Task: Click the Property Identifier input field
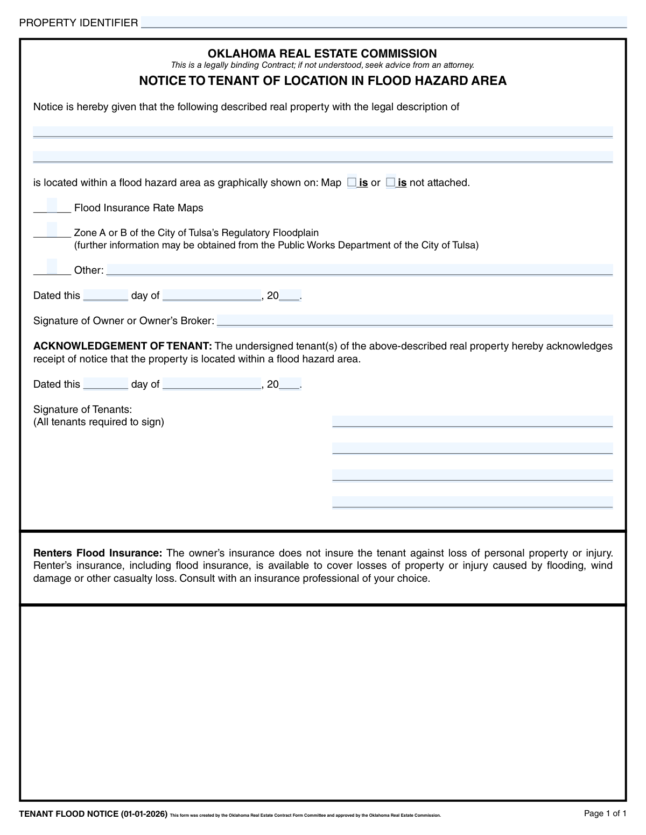coord(383,22)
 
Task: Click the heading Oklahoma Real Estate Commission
coord(322,53)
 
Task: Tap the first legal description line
coord(323,132)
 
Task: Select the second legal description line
coord(323,156)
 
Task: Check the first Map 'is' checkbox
coord(352,182)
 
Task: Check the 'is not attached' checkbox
coord(390,182)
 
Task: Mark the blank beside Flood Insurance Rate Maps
coord(52,206)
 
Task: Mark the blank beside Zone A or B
coord(52,231)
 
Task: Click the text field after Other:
coord(359,269)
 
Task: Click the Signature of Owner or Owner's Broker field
coord(415,320)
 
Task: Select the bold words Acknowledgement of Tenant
coord(123,346)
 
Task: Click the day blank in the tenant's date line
coord(106,384)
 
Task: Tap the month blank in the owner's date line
coord(212,295)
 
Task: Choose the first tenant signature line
coord(472,421)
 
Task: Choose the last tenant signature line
coord(472,502)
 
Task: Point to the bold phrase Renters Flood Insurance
coord(97,553)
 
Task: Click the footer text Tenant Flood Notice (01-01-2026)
coord(93,814)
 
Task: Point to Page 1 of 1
coord(605,813)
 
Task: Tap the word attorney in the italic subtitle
coord(457,65)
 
